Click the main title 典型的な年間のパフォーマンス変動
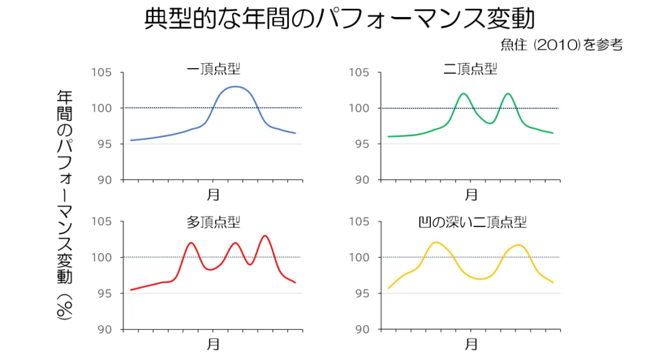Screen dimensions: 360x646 [x=339, y=19]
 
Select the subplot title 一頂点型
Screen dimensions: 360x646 [x=213, y=69]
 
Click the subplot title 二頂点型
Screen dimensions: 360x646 [x=470, y=69]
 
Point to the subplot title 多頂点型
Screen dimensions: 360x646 [x=213, y=222]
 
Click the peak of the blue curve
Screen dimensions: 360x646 [x=235, y=86]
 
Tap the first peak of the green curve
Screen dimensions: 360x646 [x=464, y=94]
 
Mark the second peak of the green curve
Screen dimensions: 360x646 [x=507, y=94]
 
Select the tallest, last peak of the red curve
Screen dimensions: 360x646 [x=265, y=236]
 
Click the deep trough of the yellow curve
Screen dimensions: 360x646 [x=481, y=279]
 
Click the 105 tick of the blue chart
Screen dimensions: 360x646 [x=102, y=73]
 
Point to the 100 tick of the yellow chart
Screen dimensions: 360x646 [x=360, y=257]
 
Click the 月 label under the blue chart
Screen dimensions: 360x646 [x=213, y=195]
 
